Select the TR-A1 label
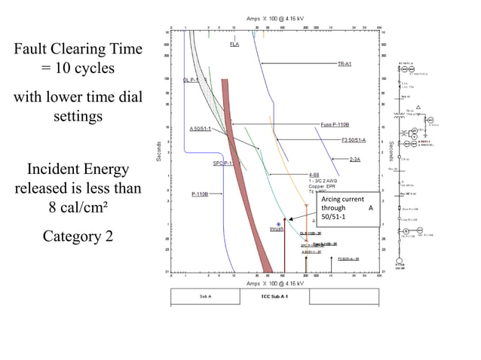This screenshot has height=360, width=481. [345, 64]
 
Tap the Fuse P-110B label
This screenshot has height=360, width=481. [335, 124]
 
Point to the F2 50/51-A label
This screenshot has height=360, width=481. [353, 140]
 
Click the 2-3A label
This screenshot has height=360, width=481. [354, 160]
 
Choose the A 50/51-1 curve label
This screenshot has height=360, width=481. [200, 130]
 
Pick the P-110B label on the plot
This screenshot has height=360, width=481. [201, 194]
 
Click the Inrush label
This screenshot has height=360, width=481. [277, 229]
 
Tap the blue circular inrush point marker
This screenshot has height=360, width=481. [279, 224]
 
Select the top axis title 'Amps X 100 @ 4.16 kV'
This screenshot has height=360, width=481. [277, 18]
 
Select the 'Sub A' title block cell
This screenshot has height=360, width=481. [205, 297]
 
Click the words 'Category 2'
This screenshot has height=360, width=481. [78, 236]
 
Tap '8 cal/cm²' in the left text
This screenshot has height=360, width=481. [78, 206]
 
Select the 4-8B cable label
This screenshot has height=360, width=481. [314, 175]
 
